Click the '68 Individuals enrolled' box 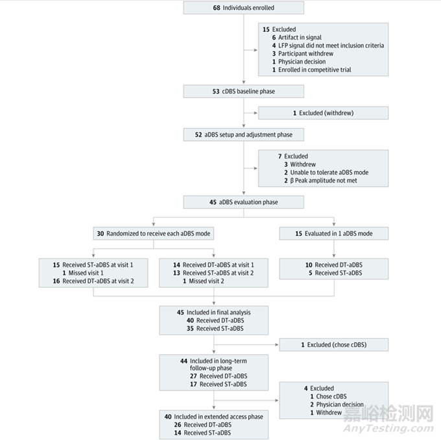tap(243, 8)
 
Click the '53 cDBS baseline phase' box tap(243, 92)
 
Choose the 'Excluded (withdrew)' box tap(323, 113)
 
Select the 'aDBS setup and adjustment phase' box tap(243, 135)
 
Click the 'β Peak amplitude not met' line tap(318, 180)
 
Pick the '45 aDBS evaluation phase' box tap(243, 202)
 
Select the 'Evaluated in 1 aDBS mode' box tap(334, 233)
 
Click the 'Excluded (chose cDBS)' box tap(334, 344)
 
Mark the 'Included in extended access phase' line tap(215, 417)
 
